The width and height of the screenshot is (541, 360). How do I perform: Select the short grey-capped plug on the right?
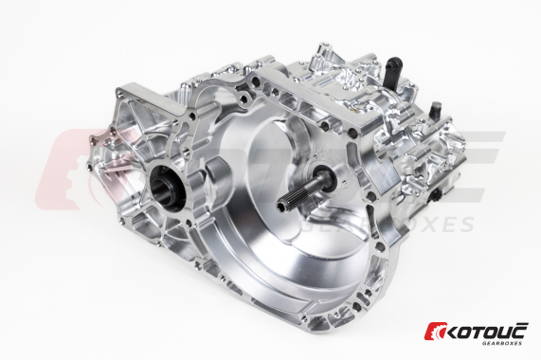point(435,110)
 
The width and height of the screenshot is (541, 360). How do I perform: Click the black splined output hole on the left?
point(168,189)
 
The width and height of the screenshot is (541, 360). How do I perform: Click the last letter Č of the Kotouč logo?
point(521,330)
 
